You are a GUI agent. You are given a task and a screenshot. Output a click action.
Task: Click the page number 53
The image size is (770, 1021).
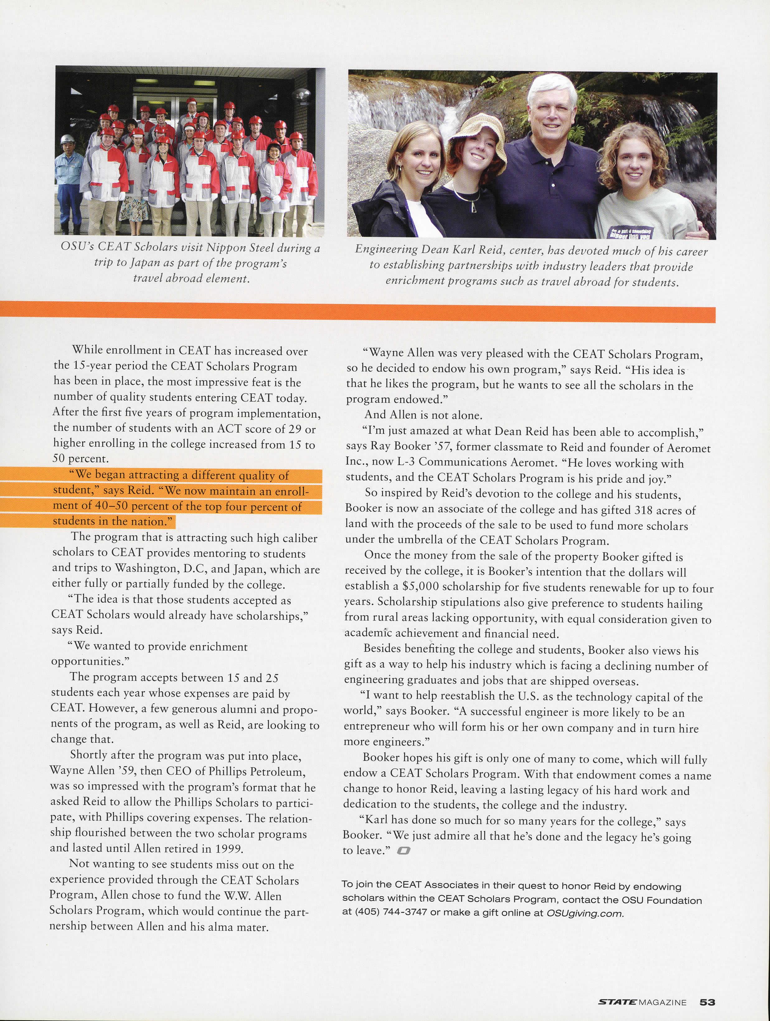707,1002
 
